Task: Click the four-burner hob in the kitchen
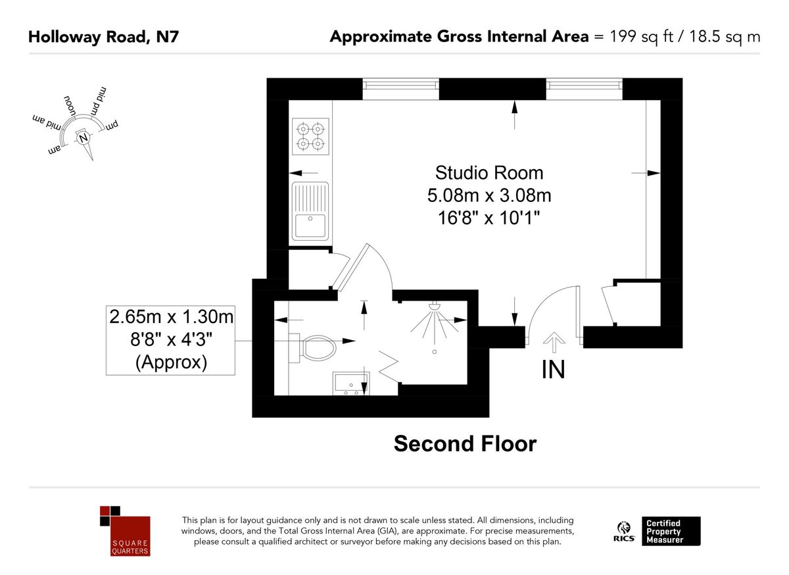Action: coord(310,137)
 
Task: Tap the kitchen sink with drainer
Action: coord(310,211)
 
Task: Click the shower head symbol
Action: coord(434,307)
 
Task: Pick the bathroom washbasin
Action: coord(351,383)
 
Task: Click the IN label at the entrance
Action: coord(553,370)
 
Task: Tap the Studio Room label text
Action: coord(489,173)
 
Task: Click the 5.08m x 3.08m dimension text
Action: coord(489,195)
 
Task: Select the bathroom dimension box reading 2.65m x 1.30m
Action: coord(171,339)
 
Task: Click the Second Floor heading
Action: coord(465,443)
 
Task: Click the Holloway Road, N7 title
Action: coord(103,37)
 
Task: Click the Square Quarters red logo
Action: coord(125,530)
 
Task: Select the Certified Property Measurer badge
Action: coord(671,531)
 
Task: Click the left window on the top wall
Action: coord(400,89)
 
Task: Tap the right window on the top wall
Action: coord(584,89)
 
